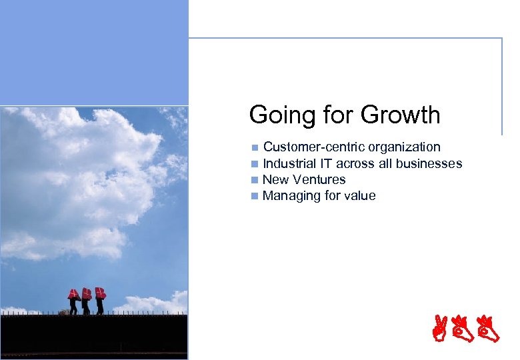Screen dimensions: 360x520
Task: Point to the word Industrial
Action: pos(289,163)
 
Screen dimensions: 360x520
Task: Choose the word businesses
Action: pos(427,163)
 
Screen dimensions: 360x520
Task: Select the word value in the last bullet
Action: pos(360,196)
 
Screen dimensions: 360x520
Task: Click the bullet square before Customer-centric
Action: pos(254,147)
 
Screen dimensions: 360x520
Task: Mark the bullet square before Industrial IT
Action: pos(254,164)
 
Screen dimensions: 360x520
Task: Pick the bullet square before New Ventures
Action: pos(254,180)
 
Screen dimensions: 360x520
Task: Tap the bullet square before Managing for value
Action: pos(254,196)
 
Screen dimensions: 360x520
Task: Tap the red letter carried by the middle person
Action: pos(87,293)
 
